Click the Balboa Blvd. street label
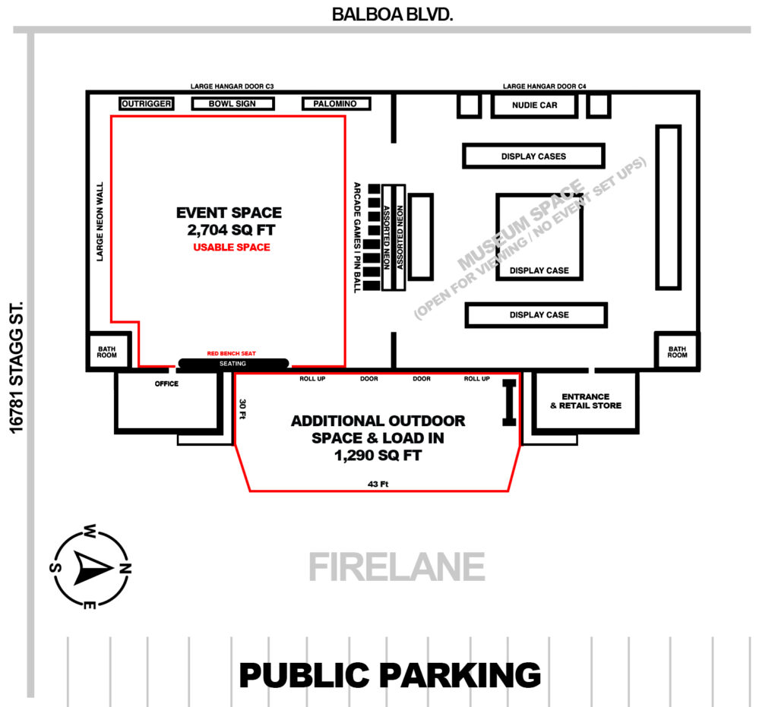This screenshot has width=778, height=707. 392,14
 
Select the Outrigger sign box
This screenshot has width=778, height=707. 147,104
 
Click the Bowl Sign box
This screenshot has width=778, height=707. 232,104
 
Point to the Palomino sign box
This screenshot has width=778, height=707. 335,104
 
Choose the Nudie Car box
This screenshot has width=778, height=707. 534,106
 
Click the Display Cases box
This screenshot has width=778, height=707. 533,156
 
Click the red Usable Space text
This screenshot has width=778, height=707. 231,248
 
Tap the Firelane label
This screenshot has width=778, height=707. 396,567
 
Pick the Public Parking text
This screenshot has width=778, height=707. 390,675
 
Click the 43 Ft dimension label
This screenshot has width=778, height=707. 378,484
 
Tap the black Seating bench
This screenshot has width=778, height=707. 233,364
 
